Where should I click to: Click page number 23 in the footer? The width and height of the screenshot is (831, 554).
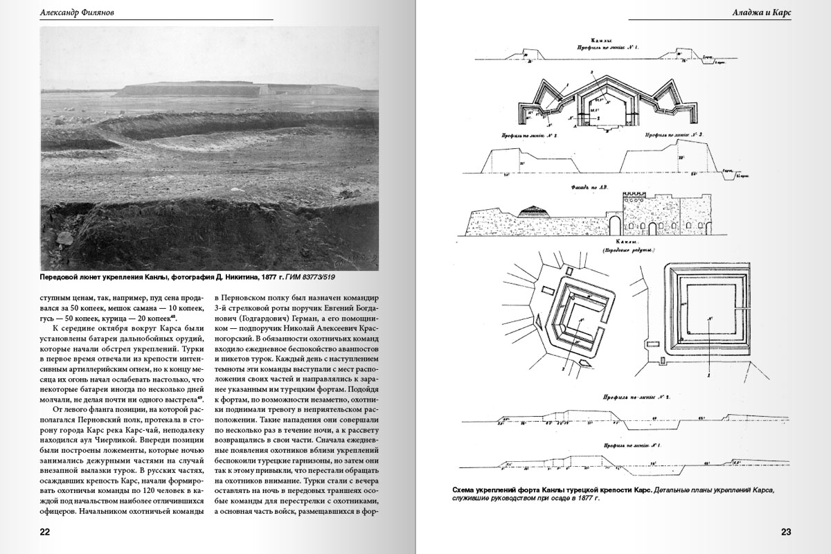(785, 532)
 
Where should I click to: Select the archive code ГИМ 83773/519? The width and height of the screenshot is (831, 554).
(315, 277)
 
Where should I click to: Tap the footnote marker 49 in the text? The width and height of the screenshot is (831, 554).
(200, 397)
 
